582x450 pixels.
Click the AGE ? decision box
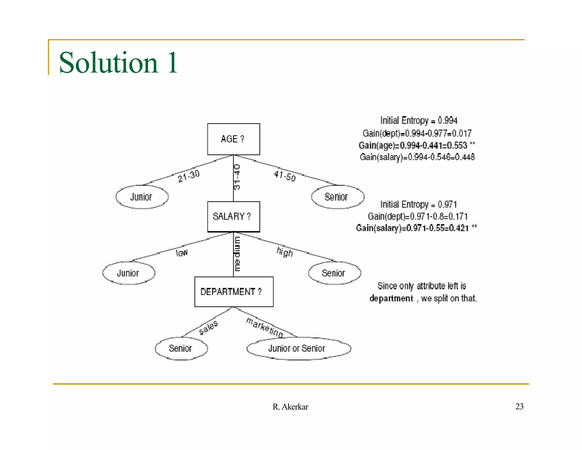(x=233, y=139)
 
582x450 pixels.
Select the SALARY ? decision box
(x=233, y=216)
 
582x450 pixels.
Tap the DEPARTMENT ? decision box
(x=234, y=292)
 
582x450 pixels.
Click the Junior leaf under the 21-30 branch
(x=142, y=197)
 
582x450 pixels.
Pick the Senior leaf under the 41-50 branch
(x=337, y=197)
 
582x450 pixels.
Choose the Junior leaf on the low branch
(x=128, y=273)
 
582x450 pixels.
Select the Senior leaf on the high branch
(x=334, y=273)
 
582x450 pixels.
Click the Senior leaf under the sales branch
(x=181, y=348)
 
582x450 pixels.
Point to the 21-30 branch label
(x=189, y=176)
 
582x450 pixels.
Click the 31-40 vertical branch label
(x=237, y=177)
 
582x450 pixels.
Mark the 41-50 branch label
(x=285, y=176)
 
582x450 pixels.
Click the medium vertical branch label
(x=237, y=254)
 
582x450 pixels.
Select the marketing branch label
(x=265, y=327)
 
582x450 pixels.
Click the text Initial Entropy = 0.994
(x=419, y=121)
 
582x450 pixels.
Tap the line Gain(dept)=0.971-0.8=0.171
(x=417, y=216)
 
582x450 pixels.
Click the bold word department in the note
(x=391, y=298)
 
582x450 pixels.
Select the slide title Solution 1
(x=118, y=63)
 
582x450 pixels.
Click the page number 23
(x=519, y=406)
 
